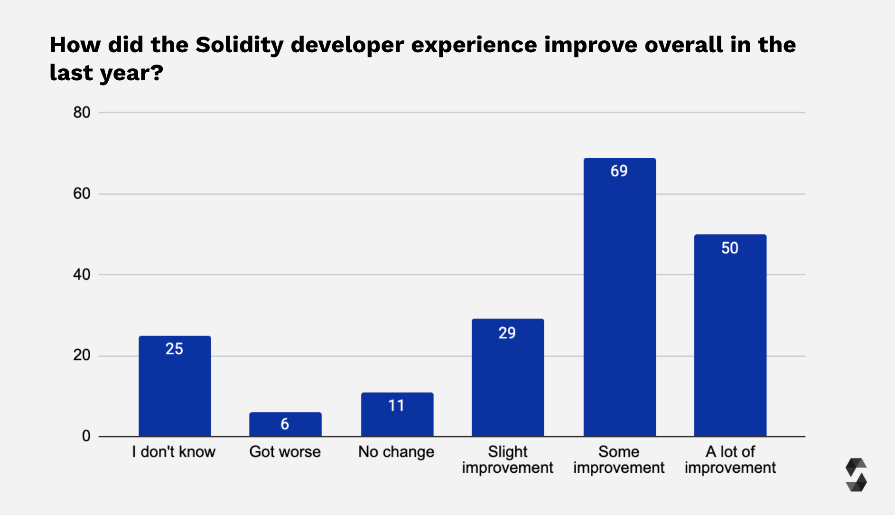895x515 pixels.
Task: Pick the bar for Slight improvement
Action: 507,377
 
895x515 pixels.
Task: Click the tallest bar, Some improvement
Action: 619,297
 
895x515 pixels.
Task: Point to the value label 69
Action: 619,171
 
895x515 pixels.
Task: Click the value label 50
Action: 729,248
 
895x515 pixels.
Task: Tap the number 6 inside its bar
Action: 285,424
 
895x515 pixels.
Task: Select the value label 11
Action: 396,406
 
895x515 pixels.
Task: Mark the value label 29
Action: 507,333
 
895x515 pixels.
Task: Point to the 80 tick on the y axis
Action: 82,113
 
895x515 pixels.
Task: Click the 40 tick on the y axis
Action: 82,275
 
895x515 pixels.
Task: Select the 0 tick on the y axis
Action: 86,436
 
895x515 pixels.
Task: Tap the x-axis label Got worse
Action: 285,452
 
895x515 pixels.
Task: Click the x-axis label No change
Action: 396,452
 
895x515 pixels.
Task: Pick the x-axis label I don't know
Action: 174,452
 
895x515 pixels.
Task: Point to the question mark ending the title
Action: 158,73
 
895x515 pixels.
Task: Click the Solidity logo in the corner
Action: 856,475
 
